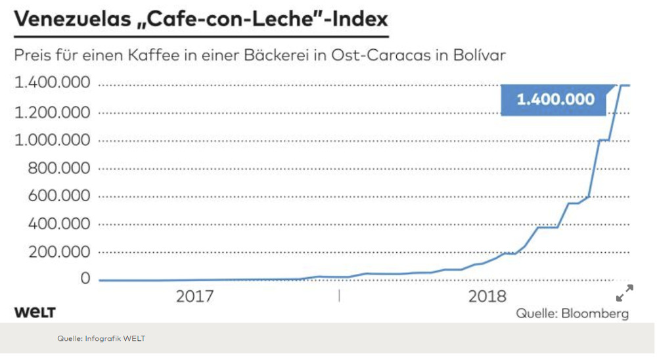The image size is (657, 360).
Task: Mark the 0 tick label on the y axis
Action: point(85,279)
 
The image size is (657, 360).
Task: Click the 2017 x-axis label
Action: point(194,296)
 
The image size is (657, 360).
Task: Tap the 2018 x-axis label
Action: point(487,296)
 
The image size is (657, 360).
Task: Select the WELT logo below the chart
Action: point(35,312)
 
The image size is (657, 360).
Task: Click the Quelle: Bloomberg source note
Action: point(572,313)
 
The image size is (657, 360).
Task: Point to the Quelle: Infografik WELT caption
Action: point(101,339)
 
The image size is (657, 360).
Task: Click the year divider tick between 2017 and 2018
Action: point(340,296)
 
